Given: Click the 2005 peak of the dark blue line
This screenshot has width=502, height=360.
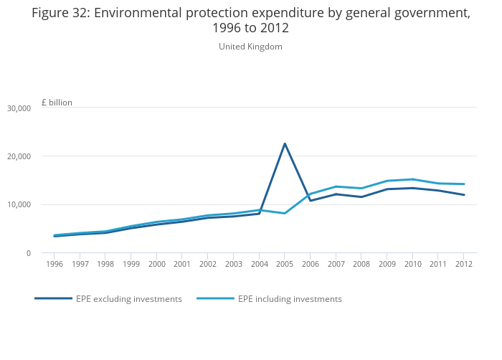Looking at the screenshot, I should coord(285,143).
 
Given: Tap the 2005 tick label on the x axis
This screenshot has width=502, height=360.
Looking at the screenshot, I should coord(285,264).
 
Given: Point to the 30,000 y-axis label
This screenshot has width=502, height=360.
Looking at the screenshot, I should coord(19,108).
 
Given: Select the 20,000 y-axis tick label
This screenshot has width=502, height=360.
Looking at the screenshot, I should coord(19,156).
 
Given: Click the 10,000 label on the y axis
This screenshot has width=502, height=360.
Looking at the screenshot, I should coord(19,205).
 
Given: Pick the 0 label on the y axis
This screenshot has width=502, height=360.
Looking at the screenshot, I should coord(29,253).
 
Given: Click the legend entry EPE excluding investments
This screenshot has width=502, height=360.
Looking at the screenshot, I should coord(128,299).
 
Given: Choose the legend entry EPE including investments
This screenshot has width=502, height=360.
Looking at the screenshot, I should coord(290,299).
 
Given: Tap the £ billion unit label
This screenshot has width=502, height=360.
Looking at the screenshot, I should coord(57,103).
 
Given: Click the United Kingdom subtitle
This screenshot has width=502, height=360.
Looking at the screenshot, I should coord(250,47).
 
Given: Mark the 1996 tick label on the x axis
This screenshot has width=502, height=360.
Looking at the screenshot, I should coord(55,264).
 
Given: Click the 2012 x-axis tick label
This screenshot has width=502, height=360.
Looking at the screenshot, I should coord(463,264).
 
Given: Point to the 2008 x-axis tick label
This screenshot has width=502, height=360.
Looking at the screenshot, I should coord(361,264).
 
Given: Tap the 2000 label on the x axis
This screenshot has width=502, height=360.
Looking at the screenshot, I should coord(157,264).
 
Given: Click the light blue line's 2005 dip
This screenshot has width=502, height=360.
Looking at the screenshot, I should coord(285,213).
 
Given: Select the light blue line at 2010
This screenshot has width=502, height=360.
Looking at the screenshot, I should coord(412,179).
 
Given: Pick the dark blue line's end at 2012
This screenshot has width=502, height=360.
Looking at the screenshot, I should coord(463,195).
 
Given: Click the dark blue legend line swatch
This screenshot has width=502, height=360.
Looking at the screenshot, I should coord(53,298).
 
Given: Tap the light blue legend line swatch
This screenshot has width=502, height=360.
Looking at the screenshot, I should coord(215,298).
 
